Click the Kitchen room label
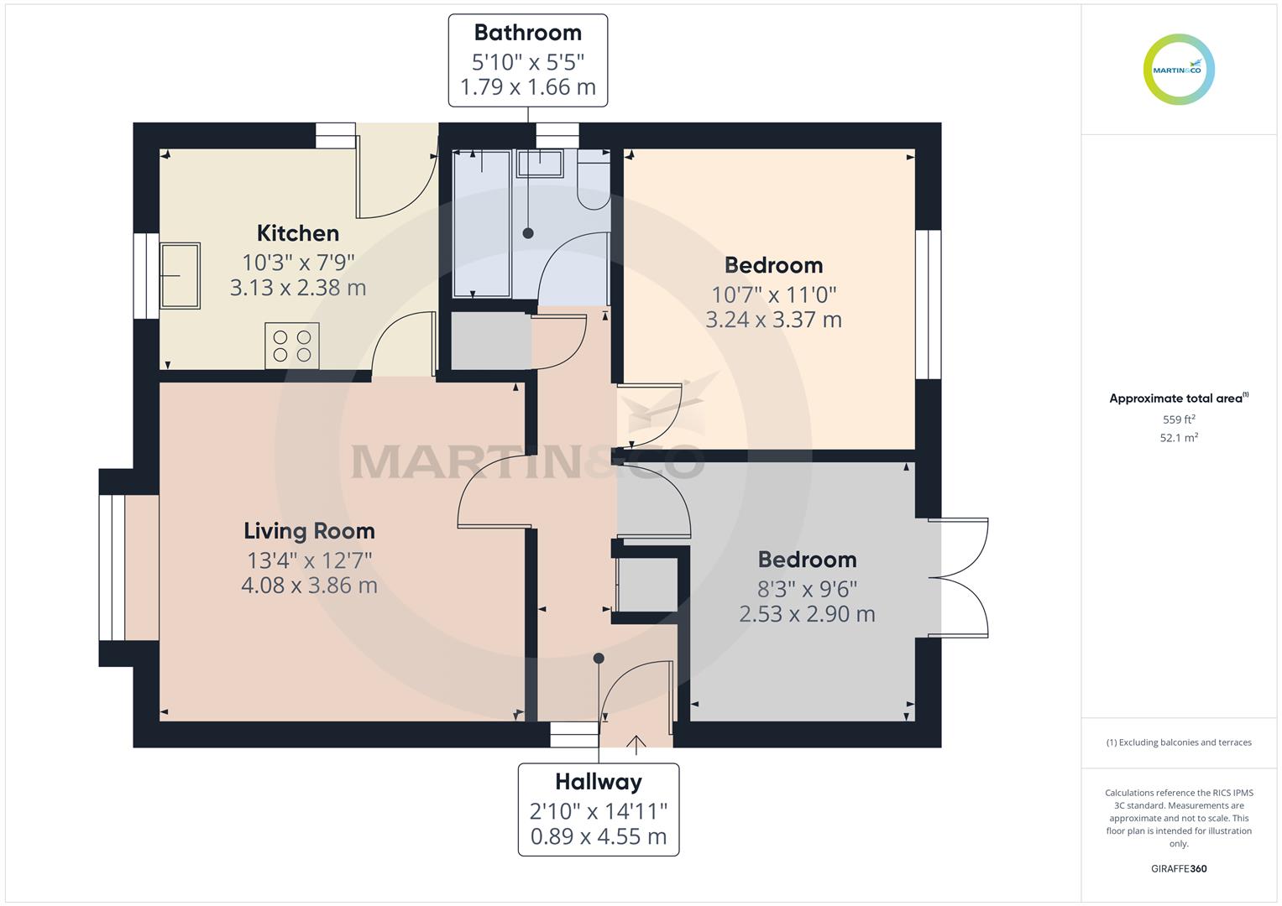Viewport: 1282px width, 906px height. click(x=298, y=233)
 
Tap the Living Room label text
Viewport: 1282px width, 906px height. click(x=309, y=531)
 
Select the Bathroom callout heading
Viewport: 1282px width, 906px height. click(x=527, y=33)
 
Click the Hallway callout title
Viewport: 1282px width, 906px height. click(x=598, y=782)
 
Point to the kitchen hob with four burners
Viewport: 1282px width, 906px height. click(x=292, y=346)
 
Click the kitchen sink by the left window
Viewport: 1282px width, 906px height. click(x=180, y=276)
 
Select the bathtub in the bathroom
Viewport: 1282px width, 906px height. click(x=482, y=224)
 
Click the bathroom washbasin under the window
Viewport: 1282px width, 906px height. click(x=540, y=164)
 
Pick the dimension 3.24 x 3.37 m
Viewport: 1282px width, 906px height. click(x=773, y=320)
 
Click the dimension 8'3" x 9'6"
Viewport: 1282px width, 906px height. click(x=807, y=589)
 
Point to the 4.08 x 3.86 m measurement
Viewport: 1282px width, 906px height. click(x=309, y=586)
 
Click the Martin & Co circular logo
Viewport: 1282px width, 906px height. click(x=1179, y=70)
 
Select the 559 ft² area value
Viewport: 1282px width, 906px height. click(x=1179, y=419)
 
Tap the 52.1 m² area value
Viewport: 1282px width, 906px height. click(x=1179, y=438)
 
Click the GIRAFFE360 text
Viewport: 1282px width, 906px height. click(x=1179, y=868)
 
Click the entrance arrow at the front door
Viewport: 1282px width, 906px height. click(x=636, y=742)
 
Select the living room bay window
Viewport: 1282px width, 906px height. click(x=113, y=568)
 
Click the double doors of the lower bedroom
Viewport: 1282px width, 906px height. click(x=961, y=578)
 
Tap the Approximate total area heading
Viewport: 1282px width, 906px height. click(x=1178, y=398)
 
